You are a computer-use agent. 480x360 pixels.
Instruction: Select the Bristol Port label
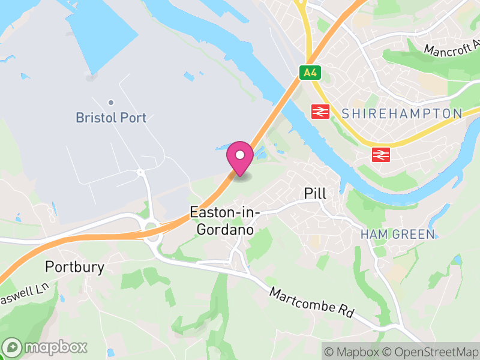(x=111, y=118)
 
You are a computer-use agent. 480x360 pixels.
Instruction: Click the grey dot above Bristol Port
(x=111, y=103)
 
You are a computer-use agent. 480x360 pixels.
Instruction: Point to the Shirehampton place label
(x=402, y=113)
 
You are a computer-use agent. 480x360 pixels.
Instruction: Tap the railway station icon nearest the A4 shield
(x=320, y=111)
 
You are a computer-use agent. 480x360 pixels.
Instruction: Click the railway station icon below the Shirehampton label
(x=380, y=154)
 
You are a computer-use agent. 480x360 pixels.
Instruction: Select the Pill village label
(x=315, y=193)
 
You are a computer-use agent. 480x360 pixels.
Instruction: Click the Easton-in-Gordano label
(x=222, y=220)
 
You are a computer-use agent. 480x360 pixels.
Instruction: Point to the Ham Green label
(x=398, y=234)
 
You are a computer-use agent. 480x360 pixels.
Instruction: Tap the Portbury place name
(x=75, y=267)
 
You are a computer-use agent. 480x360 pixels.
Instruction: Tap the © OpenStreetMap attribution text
(x=431, y=351)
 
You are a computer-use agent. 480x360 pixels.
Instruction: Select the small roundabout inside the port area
(x=140, y=172)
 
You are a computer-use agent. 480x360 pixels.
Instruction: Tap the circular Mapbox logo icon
(x=13, y=347)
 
